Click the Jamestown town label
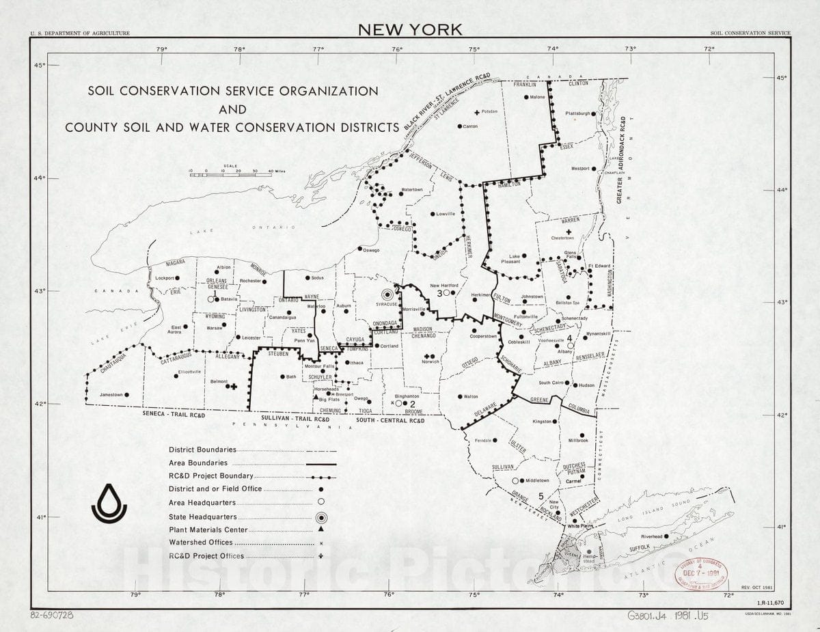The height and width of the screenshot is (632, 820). [x=111, y=395]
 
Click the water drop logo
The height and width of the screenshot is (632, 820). [x=109, y=503]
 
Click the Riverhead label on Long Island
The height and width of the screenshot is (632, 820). [x=652, y=536]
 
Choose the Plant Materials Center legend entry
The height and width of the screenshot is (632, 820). [x=208, y=530]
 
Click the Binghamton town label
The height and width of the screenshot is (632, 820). [x=406, y=396]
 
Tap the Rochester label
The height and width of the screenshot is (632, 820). [x=251, y=281]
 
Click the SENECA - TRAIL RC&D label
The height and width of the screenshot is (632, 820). [x=174, y=415]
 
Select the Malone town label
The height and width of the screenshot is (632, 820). [x=538, y=97]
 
